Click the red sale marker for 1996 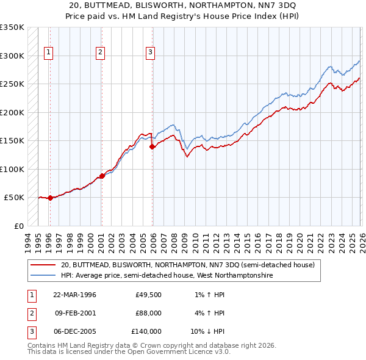[50, 198]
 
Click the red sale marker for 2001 [102, 176]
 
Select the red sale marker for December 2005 [152, 146]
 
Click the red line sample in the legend [44, 265]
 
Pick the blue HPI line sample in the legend [44, 276]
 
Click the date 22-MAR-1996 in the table [75, 295]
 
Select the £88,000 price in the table [148, 313]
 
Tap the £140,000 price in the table [146, 331]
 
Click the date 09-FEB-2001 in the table [75, 313]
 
